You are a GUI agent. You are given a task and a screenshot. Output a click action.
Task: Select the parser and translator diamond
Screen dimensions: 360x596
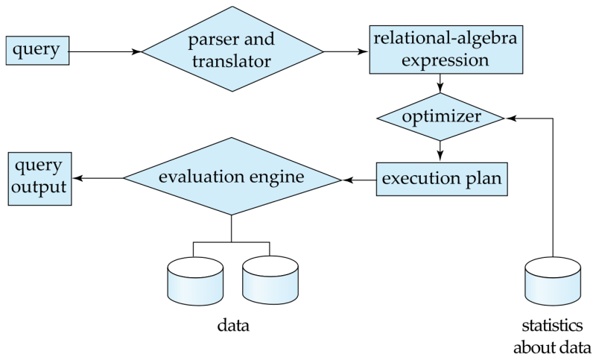coord(232,51)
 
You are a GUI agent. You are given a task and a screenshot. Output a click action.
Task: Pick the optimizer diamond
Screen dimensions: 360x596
coord(441,118)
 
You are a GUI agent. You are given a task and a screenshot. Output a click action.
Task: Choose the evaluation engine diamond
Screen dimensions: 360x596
coord(232,178)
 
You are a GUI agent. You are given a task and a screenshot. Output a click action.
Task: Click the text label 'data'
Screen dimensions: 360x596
coord(232,326)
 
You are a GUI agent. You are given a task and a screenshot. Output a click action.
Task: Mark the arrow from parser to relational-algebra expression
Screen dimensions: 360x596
coord(346,51)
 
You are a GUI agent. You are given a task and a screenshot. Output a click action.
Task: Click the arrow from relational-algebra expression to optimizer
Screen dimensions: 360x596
coord(441,83)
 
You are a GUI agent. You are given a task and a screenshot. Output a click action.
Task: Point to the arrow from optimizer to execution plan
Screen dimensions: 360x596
coord(441,151)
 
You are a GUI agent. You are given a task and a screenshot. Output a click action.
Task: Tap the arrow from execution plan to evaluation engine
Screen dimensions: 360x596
coord(358,179)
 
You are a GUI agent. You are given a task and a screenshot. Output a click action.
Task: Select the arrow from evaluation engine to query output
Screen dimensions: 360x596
coord(99,178)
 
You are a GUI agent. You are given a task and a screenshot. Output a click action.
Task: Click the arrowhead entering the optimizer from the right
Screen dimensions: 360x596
coord(511,118)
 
